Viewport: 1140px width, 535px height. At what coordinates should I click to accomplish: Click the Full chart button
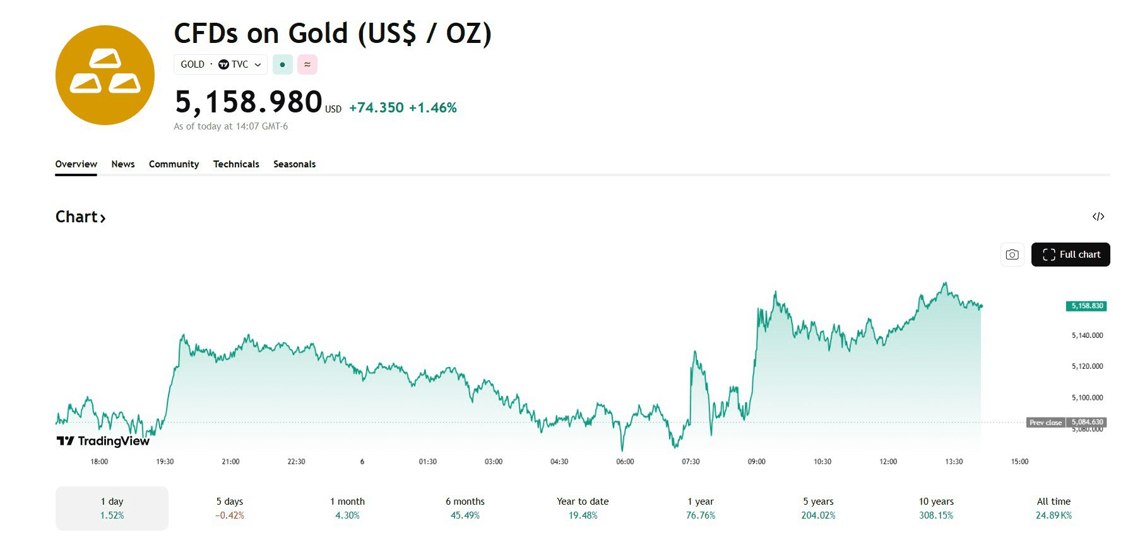(1070, 255)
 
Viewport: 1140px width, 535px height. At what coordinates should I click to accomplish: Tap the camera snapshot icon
(1012, 255)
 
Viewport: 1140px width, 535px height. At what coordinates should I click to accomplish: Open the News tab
(123, 164)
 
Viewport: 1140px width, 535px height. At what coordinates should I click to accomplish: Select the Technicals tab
(236, 164)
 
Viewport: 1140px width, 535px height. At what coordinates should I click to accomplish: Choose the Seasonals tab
(294, 164)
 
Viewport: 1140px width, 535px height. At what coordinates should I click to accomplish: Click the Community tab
(174, 164)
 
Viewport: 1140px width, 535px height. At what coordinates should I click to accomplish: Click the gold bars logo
(105, 75)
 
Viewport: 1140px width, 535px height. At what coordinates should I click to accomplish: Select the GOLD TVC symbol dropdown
(220, 64)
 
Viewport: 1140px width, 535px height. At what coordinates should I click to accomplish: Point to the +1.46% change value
(432, 108)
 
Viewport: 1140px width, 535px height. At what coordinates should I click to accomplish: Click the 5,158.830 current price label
(1086, 306)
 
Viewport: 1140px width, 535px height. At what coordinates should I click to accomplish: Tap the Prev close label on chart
(1045, 423)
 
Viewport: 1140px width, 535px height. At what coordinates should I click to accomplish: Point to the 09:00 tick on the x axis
(756, 462)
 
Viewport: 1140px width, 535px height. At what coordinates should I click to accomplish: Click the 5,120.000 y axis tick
(1087, 366)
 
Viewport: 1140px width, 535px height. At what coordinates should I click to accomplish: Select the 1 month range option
(347, 508)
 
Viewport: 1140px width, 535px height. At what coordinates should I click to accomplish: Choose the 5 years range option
(818, 508)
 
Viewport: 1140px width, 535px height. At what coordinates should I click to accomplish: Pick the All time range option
(1054, 508)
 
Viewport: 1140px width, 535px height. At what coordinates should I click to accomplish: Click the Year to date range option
(583, 508)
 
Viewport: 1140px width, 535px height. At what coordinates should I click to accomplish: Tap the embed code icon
(1098, 217)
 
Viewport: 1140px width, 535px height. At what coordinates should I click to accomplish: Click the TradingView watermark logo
(103, 441)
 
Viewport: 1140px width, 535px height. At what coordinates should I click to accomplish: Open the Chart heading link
(80, 217)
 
